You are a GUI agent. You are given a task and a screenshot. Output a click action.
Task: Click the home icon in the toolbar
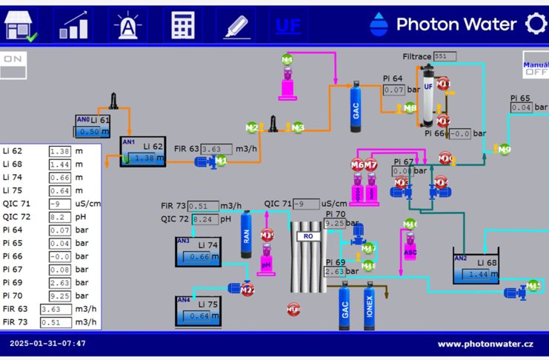click(21, 24)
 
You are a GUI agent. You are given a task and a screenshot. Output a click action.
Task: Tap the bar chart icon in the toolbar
click(74, 24)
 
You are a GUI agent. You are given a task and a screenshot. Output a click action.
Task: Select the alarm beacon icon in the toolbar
click(127, 24)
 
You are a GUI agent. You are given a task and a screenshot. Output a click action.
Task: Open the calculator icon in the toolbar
click(182, 24)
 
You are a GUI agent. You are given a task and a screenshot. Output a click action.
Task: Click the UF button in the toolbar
click(288, 25)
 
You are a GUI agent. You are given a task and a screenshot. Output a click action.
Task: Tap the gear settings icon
click(536, 24)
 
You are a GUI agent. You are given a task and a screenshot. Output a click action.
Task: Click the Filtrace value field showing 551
click(445, 56)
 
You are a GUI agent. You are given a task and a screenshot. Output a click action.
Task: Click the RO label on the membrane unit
click(307, 236)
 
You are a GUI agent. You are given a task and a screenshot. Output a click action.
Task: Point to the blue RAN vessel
click(247, 236)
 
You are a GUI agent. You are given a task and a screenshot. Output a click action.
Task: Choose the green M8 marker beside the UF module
click(410, 108)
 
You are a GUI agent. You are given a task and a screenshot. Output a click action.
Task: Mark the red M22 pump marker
click(247, 290)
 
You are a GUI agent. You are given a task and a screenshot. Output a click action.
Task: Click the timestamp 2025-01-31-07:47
click(47, 344)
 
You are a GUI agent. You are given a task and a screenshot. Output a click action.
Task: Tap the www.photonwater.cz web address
click(485, 344)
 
